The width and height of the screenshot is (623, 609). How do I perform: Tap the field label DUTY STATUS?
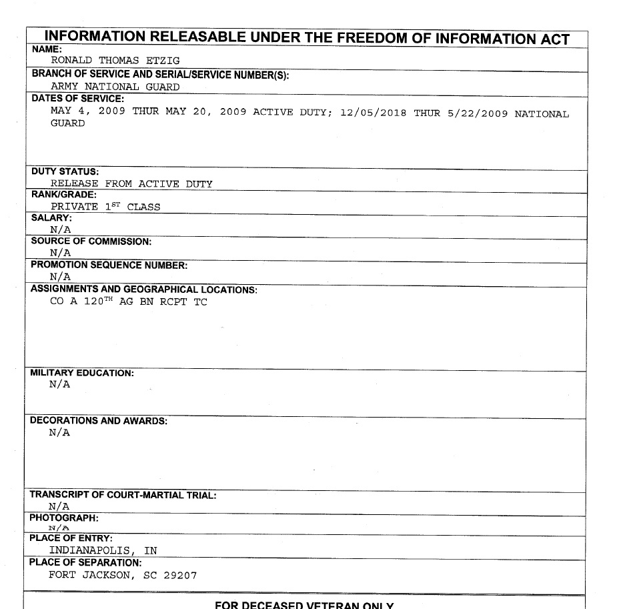pos(65,172)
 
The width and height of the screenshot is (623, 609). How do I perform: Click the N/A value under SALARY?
pos(60,230)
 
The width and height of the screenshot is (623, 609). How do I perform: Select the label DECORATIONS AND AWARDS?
pos(99,421)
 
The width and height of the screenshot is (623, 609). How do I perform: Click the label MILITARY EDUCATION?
pos(82,374)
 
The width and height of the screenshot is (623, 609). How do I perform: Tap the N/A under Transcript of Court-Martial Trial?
pos(59,506)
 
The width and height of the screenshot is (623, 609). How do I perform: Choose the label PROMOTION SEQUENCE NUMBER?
pos(109,265)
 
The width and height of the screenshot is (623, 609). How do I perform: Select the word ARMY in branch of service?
pos(65,87)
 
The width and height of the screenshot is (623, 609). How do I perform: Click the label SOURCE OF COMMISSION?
pos(91,241)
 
